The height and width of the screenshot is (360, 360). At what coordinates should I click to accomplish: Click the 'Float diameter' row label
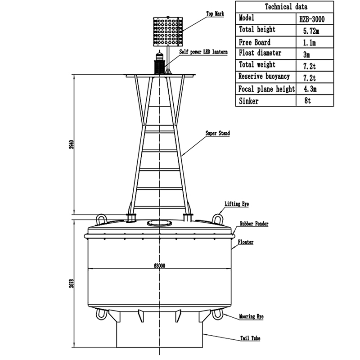pyautogui.click(x=260, y=54)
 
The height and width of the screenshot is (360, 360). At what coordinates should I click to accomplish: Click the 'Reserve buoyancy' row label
pyautogui.click(x=264, y=77)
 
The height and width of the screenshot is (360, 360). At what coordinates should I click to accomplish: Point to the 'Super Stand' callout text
pyautogui.click(x=217, y=134)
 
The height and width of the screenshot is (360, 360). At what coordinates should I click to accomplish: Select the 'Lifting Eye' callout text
pyautogui.click(x=237, y=204)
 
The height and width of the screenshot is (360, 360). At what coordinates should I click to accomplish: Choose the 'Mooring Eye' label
pyautogui.click(x=251, y=317)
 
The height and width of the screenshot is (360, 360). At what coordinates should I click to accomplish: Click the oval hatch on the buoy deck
pyautogui.click(x=159, y=223)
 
